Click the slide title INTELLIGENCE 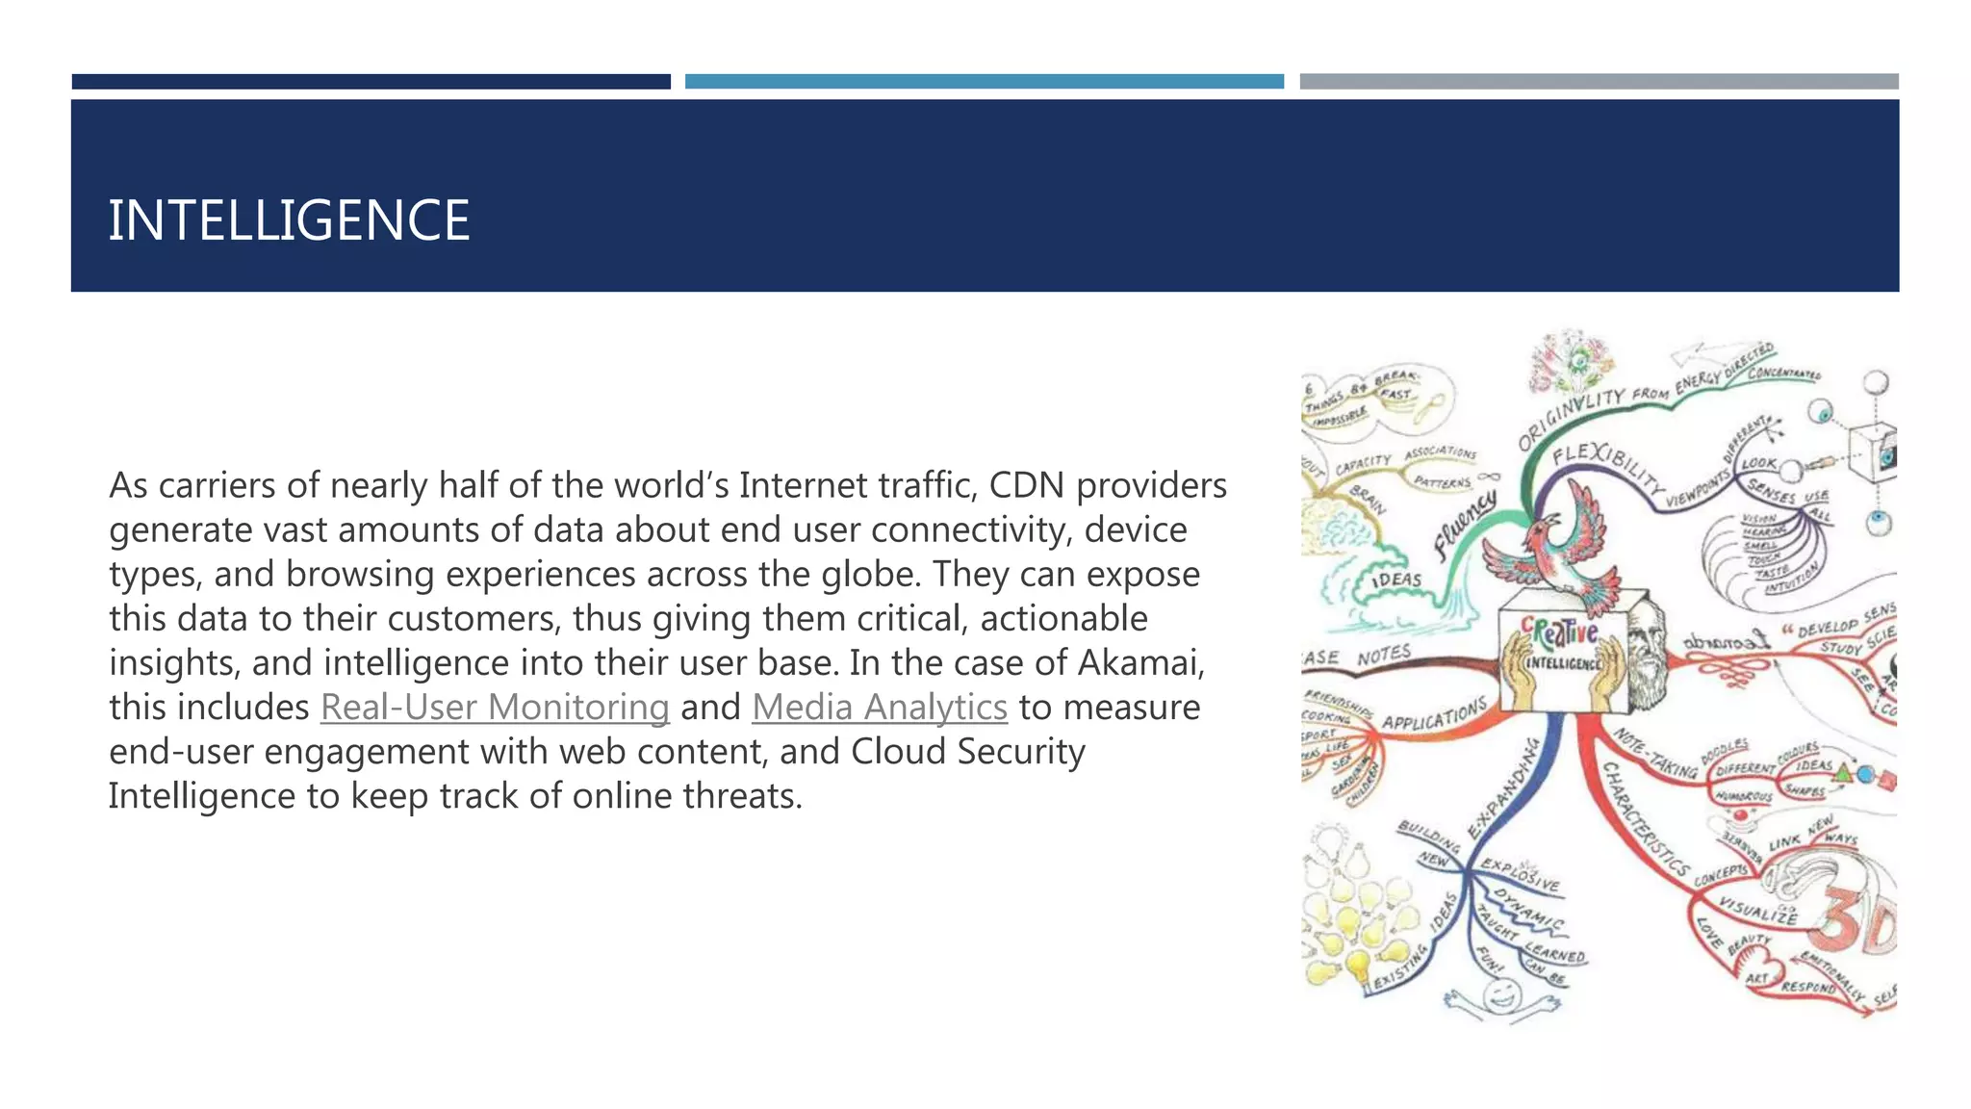click(289, 220)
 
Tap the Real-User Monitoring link click(495, 708)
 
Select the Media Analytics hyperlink click(880, 708)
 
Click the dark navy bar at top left click(371, 82)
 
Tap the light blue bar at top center click(984, 82)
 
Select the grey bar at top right click(1599, 82)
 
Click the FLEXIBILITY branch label click(1607, 466)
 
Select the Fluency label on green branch click(1465, 526)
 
